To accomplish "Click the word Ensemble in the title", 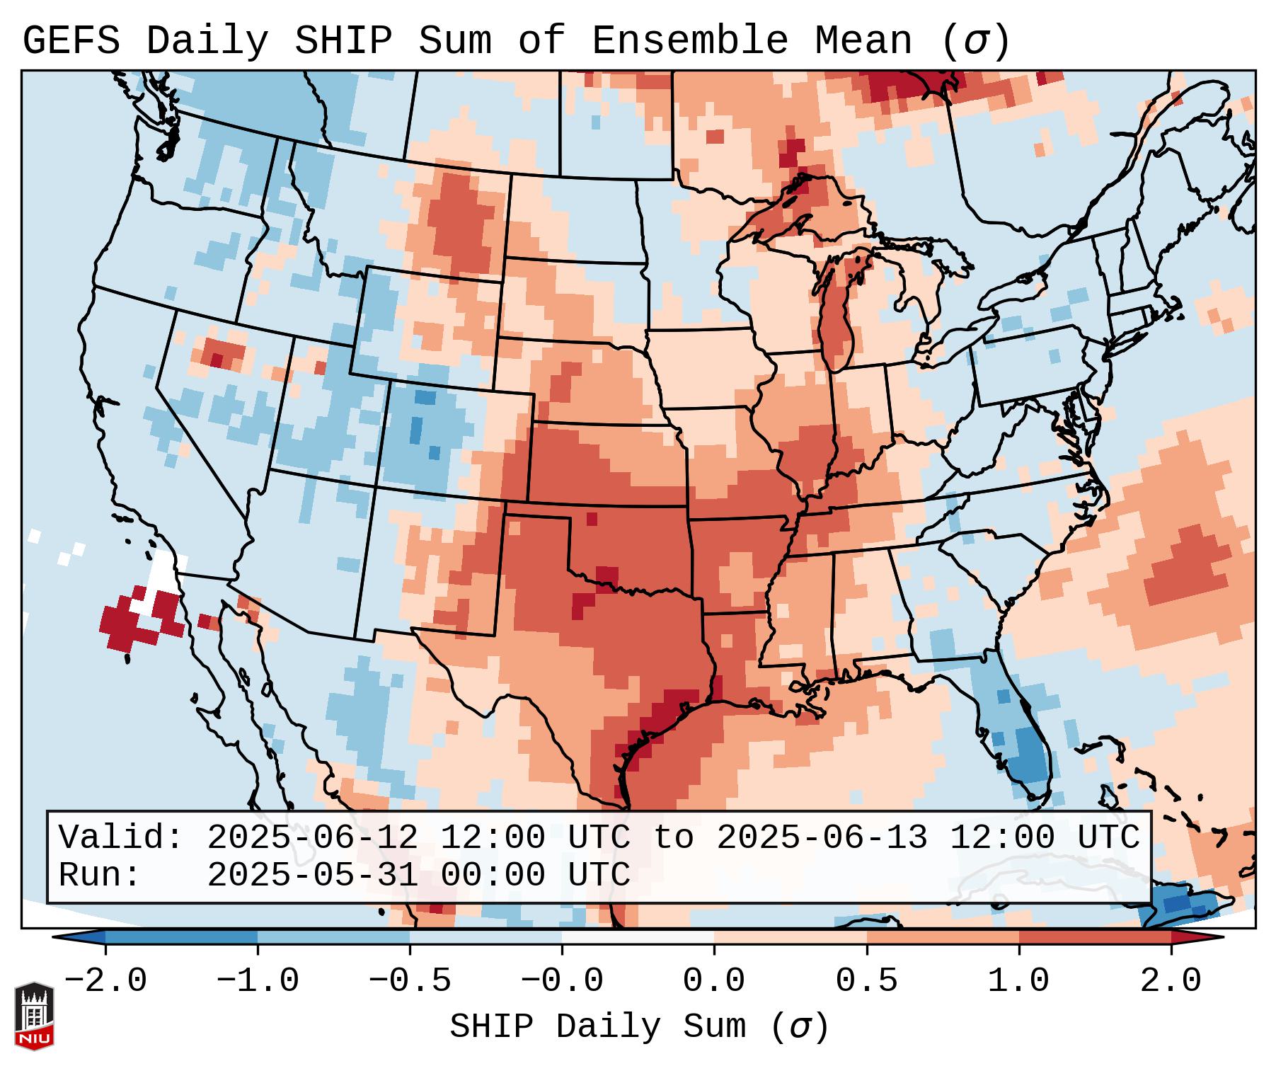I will tap(689, 41).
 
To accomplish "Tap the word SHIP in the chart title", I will tap(343, 41).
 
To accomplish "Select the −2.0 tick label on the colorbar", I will tap(105, 981).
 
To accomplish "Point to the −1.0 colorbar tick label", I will tap(258, 981).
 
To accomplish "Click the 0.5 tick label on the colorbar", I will tap(866, 981).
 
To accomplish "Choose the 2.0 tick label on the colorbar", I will tap(1171, 981).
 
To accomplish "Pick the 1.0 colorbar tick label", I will tap(1018, 981).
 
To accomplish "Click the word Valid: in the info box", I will tap(120, 838).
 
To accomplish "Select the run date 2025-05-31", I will tap(312, 876).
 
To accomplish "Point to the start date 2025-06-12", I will tap(312, 838).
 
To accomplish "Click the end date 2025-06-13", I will tap(822, 838).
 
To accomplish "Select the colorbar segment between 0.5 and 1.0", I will tap(943, 937).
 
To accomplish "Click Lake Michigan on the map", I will tap(837, 319).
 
